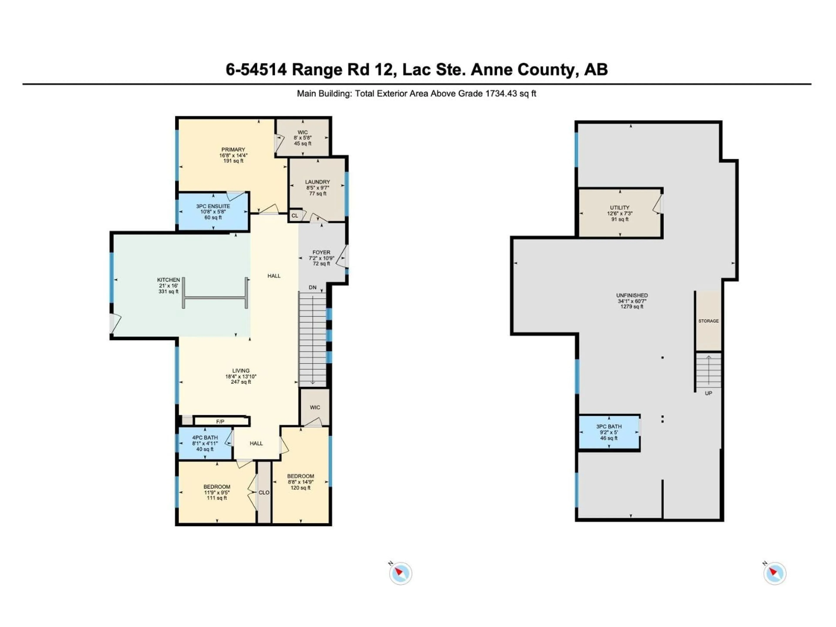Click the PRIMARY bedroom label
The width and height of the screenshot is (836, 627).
tap(233, 150)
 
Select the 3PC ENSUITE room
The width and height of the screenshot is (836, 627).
tap(213, 212)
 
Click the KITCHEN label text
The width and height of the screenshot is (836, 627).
tap(169, 280)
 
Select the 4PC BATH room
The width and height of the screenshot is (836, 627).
tap(205, 443)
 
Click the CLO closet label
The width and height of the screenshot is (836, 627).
tap(264, 492)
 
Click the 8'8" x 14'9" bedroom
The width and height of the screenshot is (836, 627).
tap(300, 482)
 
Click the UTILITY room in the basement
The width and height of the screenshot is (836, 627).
tap(620, 213)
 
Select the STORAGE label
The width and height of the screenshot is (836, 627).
tap(708, 321)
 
